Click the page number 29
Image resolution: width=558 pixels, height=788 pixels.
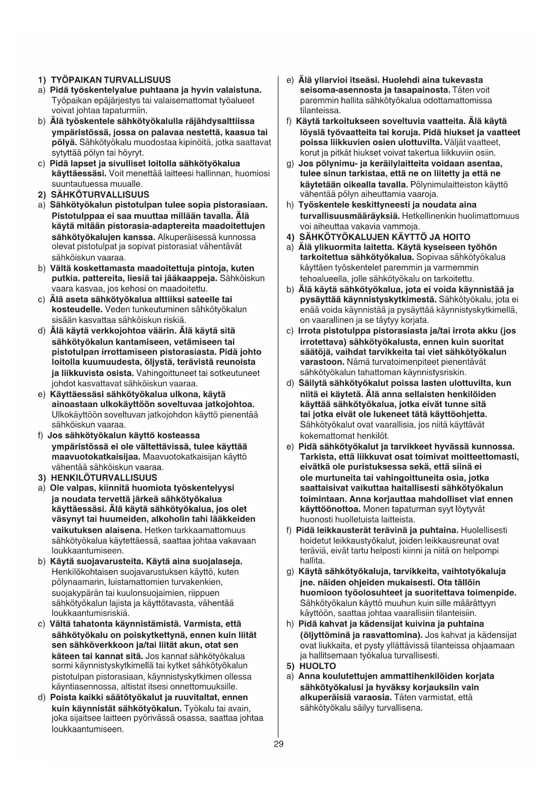(278, 744)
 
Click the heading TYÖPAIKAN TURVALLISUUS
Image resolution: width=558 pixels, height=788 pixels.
(111, 80)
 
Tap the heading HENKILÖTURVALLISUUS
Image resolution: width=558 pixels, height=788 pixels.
(104, 478)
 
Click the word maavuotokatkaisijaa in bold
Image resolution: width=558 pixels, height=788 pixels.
(96, 457)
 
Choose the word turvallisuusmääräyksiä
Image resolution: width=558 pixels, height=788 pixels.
(350, 216)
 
